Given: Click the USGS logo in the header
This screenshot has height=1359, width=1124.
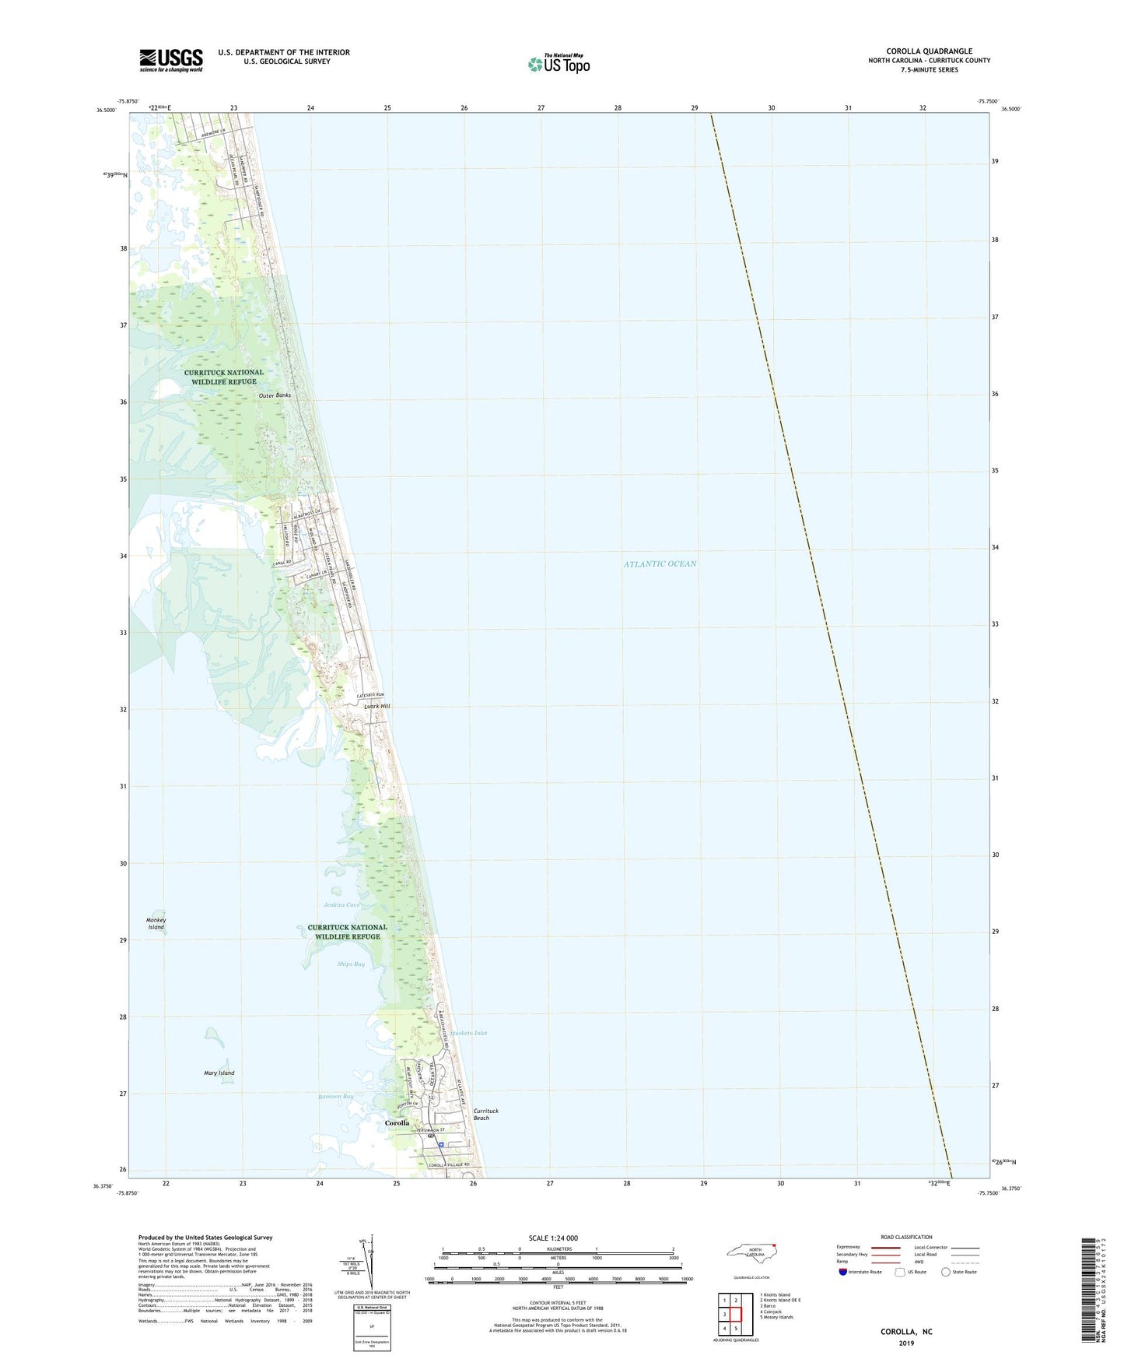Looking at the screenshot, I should click(171, 60).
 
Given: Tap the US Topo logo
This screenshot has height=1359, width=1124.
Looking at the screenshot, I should click(558, 64).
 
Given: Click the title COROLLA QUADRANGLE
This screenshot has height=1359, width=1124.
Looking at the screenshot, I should click(929, 51).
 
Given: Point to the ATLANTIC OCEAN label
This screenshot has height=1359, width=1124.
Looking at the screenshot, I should click(660, 564).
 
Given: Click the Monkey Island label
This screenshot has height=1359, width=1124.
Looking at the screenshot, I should click(156, 924).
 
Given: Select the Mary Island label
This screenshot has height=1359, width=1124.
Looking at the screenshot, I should click(219, 1073).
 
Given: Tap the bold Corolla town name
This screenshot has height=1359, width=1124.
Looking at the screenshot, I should click(397, 1123).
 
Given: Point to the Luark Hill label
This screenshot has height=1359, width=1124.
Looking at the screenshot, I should click(377, 706).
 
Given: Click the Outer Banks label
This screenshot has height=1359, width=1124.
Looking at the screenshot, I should click(275, 395).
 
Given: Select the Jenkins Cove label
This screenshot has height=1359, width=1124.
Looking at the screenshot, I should click(342, 904).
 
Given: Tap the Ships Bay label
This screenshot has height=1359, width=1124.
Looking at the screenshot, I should click(351, 964).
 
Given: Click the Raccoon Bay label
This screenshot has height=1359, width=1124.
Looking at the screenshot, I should click(335, 1097).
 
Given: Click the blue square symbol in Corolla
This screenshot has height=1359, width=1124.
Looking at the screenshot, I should click(441, 1145).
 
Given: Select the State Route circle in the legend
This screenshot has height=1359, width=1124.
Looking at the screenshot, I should click(945, 1272).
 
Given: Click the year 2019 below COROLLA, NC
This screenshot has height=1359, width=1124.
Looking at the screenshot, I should click(905, 1343).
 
